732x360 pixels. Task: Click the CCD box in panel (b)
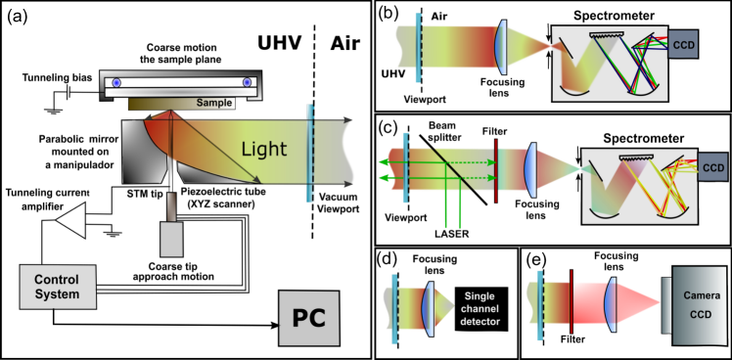685,44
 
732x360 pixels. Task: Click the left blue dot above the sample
116,82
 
